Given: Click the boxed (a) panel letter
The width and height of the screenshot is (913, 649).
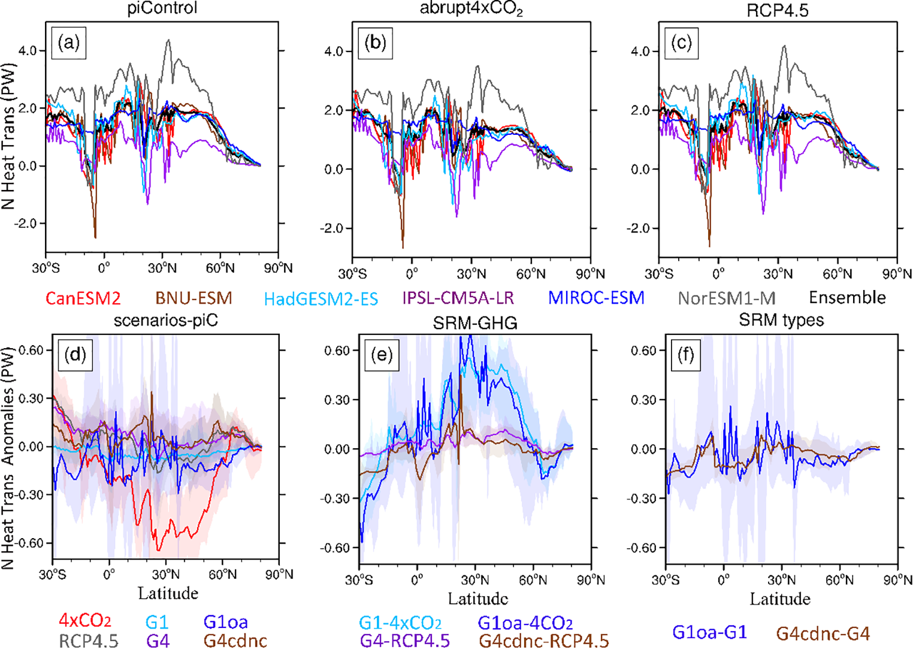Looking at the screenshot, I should (x=69, y=43).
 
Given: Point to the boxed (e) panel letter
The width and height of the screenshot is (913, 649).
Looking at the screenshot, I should (x=381, y=355).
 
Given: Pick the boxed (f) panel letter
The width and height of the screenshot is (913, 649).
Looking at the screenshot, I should (x=685, y=355).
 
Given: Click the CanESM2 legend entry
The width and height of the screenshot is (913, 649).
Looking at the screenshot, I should (x=83, y=298).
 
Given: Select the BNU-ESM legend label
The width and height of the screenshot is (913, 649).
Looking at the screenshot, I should (x=194, y=298).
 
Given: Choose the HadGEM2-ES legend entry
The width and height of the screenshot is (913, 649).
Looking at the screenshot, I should (x=321, y=298).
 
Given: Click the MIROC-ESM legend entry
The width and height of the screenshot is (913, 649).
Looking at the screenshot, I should (x=596, y=298).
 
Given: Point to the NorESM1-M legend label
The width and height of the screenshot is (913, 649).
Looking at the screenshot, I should (x=726, y=298).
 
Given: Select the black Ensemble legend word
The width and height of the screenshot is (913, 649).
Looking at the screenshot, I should (x=847, y=298).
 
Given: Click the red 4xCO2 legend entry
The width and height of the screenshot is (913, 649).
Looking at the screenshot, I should (x=84, y=621).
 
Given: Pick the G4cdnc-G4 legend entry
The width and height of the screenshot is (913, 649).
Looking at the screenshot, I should (x=823, y=633).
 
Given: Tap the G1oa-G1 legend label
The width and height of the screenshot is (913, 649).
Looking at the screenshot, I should (x=709, y=633).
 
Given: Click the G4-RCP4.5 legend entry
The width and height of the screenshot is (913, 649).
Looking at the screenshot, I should (x=404, y=641).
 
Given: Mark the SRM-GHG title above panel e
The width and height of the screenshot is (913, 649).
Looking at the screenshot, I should (x=476, y=324).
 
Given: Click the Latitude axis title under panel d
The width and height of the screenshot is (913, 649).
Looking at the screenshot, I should (x=168, y=594).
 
